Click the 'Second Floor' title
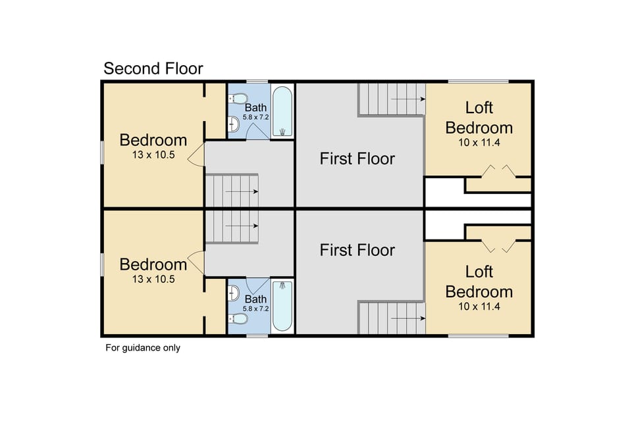point(153,68)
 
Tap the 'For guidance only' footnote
point(143,348)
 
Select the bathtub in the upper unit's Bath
point(282,111)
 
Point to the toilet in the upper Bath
point(235,98)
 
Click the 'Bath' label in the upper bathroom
point(255,107)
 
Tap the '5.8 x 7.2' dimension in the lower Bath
point(255,308)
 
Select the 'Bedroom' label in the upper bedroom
point(153,140)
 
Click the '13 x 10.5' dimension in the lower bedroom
point(153,279)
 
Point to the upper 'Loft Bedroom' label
point(479,117)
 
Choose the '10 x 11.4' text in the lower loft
point(479,305)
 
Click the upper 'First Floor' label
point(357,159)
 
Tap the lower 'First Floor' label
point(357,250)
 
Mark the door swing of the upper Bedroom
point(196,157)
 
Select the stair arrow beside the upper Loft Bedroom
point(408,99)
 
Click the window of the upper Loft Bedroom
point(479,81)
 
